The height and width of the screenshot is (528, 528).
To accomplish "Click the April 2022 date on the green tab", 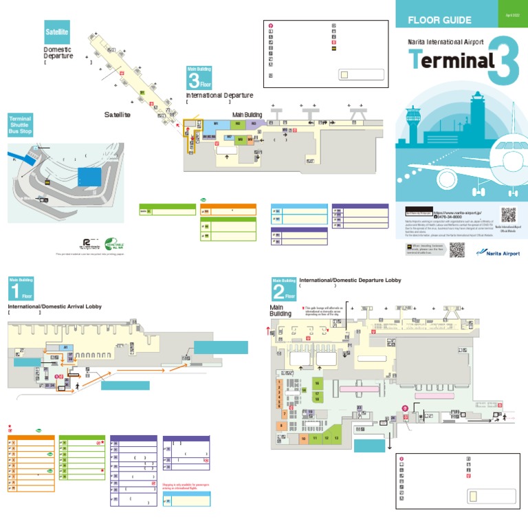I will pos(512,14).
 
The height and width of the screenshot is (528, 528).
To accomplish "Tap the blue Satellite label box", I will pos(56,32).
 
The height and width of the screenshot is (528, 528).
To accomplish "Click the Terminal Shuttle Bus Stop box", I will pos(20,129).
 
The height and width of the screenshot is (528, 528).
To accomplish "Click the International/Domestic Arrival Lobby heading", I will pos(54,306).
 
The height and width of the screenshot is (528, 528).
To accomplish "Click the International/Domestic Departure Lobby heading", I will pos(350,280).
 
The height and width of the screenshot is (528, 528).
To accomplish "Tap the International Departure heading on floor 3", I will pos(219,96).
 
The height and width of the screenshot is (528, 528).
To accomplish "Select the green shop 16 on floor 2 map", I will pos(317,382).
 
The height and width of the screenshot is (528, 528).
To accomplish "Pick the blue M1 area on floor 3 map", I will pos(216,124).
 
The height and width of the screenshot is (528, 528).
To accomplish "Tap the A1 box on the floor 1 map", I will pos(66,348).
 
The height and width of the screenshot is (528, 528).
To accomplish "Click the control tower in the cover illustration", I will pos(414,124).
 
